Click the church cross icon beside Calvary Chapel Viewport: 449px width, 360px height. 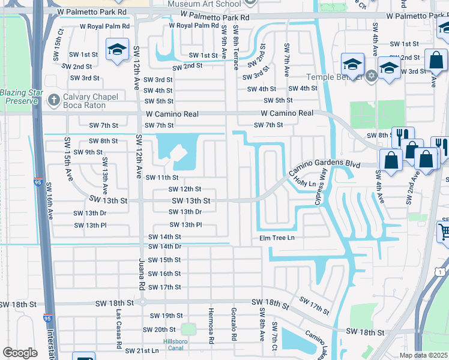tap(53, 100)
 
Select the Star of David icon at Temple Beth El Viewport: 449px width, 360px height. tap(372, 76)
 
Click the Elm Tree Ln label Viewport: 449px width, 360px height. tap(277, 238)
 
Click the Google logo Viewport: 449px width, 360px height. tap(20, 353)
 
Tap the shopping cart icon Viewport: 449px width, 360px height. tap(444, 232)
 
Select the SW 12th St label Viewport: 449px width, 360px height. tap(184, 189)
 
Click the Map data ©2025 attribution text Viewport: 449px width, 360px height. tap(424, 355)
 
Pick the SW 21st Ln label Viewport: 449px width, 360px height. tap(142, 350)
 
